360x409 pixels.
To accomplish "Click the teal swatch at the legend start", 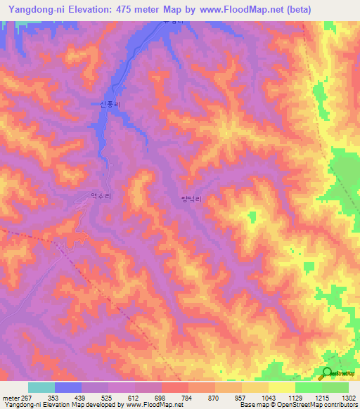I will (41, 387).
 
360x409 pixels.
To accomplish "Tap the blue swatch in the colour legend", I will (68, 387).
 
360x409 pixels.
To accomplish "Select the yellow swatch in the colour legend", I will (281, 387).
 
